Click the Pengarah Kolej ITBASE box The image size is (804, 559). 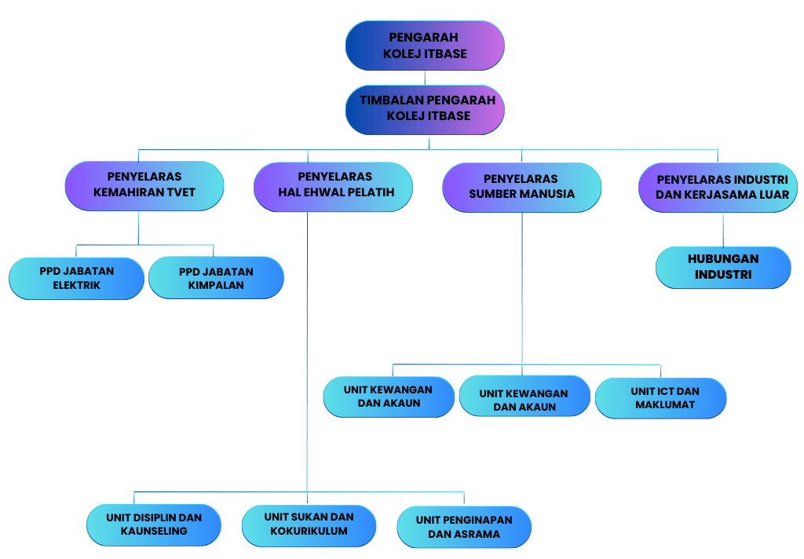(425, 46)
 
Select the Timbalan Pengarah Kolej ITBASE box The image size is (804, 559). (425, 108)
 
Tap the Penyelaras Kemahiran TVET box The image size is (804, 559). (144, 185)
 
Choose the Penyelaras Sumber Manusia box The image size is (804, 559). (522, 186)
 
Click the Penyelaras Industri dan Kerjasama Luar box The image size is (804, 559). (718, 187)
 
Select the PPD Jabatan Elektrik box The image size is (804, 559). (76, 278)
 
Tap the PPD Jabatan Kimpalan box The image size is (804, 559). (216, 278)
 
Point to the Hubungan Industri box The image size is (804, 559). (723, 267)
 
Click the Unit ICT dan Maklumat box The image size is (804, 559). (660, 397)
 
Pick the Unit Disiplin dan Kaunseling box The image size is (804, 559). (154, 524)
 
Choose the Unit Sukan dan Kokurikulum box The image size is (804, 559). (309, 524)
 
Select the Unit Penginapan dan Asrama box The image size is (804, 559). (464, 527)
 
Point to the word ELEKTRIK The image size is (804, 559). (76, 286)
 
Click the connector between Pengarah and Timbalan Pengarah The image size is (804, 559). (425, 77)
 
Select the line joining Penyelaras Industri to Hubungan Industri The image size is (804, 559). (723, 229)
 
